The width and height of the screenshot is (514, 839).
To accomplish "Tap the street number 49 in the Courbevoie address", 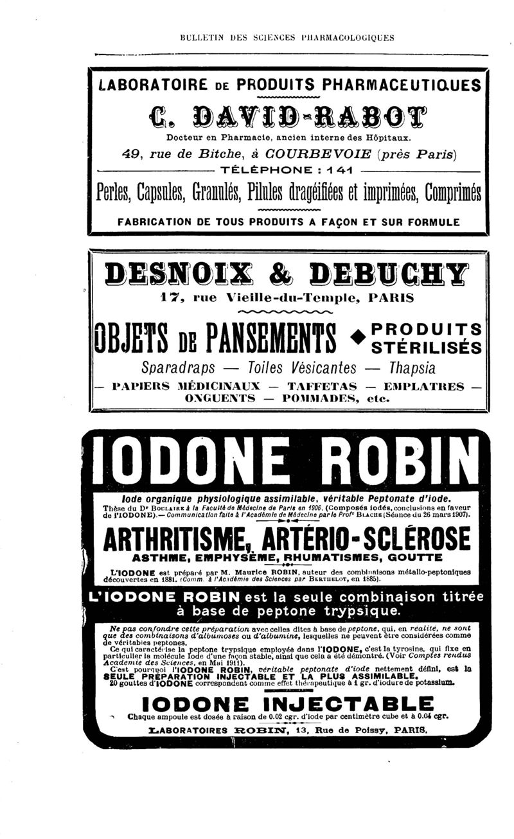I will pyautogui.click(x=131, y=154).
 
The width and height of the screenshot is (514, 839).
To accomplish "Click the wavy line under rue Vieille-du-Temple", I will pyautogui.click(x=285, y=312).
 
